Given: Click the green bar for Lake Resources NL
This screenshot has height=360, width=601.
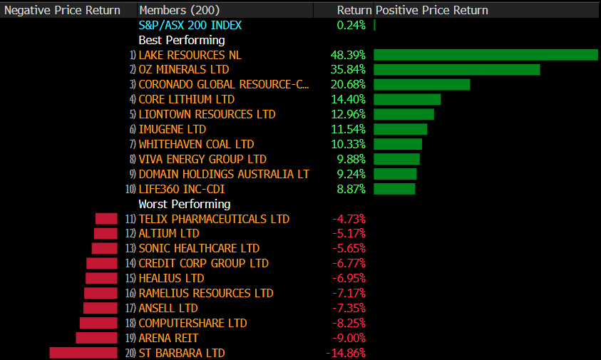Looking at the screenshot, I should point(486,55).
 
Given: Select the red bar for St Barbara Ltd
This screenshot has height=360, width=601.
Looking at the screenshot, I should point(83,353).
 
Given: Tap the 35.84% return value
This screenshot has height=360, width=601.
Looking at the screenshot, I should point(348,70).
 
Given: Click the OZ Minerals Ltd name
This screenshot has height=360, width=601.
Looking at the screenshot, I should point(184,70).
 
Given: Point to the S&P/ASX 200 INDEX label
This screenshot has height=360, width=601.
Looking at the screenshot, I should point(190,25).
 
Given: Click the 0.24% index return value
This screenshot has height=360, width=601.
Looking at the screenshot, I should point(351,25).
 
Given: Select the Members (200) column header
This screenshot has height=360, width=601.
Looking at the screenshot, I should point(180,10).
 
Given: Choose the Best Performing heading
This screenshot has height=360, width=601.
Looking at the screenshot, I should point(181,40).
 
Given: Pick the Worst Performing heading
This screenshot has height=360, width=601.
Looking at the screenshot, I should point(184,204).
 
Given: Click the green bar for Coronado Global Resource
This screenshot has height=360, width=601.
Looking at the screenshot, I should point(422,85).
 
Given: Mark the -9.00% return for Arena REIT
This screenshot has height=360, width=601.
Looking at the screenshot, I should point(349,338).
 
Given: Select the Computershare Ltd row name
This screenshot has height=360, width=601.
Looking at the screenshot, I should point(192,323).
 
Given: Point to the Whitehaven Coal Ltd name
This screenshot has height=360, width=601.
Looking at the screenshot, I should point(196,144).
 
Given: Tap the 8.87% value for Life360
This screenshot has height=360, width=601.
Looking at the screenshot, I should point(351,189).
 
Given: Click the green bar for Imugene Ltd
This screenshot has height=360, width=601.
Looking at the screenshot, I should point(400,129).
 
